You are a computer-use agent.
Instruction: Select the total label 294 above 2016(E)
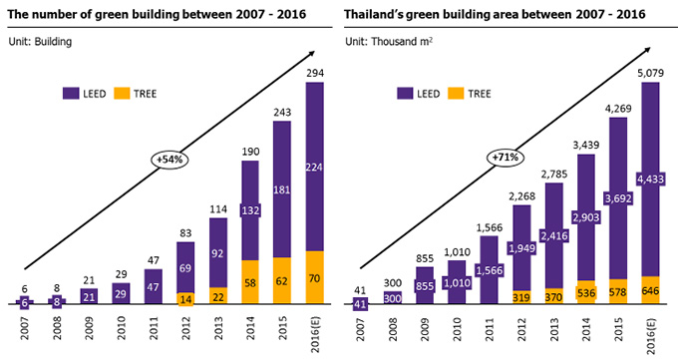pyautogui.click(x=315, y=74)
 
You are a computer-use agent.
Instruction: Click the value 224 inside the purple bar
pyautogui.click(x=315, y=167)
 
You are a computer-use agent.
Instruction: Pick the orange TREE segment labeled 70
pyautogui.click(x=315, y=279)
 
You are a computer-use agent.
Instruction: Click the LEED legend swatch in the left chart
pyautogui.click(x=73, y=93)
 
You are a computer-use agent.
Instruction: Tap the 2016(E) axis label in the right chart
pyautogui.click(x=651, y=333)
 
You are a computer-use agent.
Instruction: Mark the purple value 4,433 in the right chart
pyautogui.click(x=650, y=180)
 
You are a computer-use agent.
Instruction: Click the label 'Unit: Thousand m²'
pyautogui.click(x=395, y=41)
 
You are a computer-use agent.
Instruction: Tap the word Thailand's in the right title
pyautogui.click(x=381, y=14)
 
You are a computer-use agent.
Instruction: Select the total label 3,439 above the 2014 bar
pyautogui.click(x=588, y=146)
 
